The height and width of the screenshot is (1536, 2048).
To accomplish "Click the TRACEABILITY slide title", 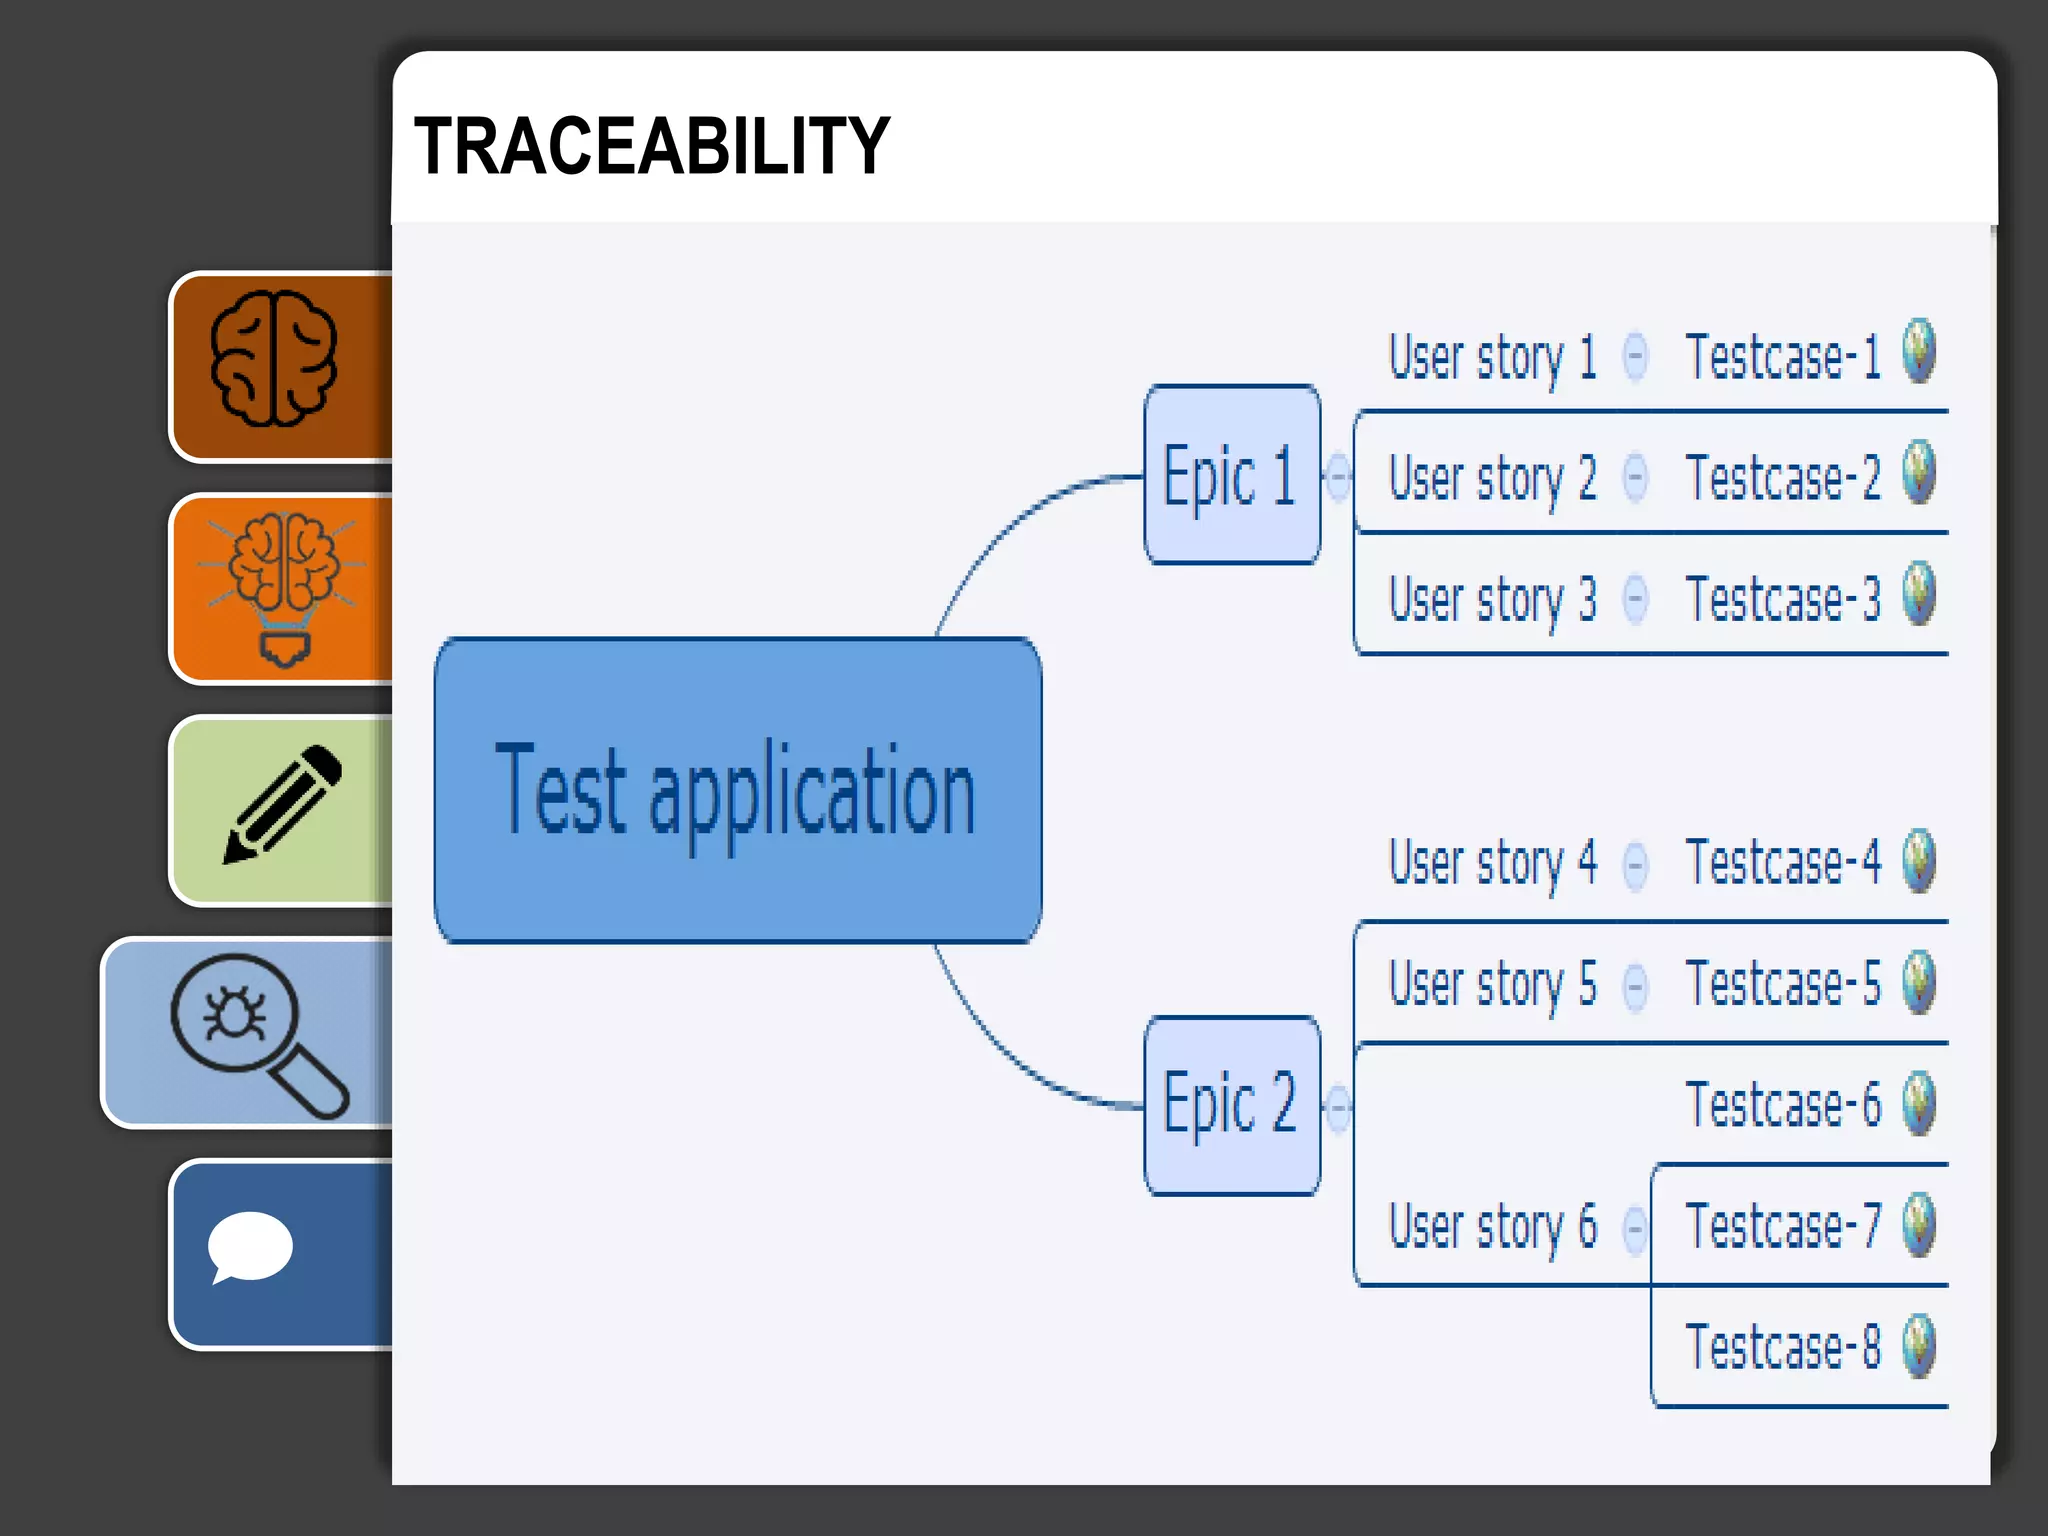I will (651, 146).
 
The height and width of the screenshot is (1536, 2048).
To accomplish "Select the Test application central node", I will (738, 790).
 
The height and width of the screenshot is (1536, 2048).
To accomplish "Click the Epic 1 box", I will (1231, 475).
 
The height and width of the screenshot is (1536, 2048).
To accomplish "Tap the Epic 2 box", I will (1231, 1105).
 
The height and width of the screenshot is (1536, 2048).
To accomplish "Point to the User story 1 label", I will (1492, 358).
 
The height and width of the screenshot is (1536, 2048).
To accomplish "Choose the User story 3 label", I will (1492, 600).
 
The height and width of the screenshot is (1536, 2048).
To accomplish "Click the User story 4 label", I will (1492, 863).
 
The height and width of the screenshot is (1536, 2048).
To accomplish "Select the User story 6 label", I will (1492, 1227).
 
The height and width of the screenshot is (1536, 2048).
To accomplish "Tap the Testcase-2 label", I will (1782, 478).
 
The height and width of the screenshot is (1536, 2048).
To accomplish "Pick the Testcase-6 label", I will (1782, 1105).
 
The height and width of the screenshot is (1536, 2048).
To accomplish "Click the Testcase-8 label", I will (1782, 1347).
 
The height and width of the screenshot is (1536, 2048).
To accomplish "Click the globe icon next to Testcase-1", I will (1919, 351).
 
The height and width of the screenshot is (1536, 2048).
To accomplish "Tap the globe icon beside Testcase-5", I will (1919, 982).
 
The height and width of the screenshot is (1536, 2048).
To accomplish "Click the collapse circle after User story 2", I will (1635, 477).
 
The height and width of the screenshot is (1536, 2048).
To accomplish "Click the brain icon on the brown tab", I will (274, 360).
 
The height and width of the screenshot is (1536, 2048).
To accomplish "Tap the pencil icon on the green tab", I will (283, 805).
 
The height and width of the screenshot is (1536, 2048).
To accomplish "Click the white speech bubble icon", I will (249, 1247).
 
